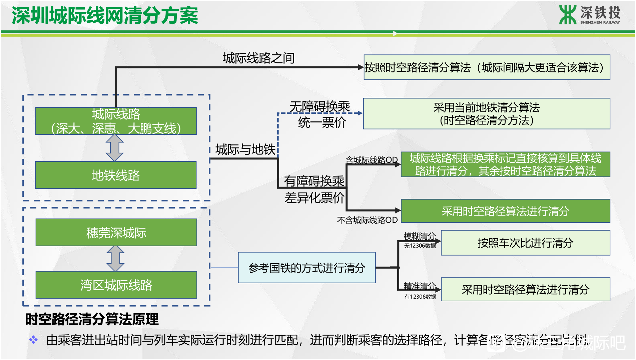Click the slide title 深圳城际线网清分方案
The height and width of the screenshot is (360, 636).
(105, 16)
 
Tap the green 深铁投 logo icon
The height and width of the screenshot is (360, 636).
(567, 15)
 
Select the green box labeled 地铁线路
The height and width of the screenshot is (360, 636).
(116, 175)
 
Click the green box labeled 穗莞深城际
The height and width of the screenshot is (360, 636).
(116, 233)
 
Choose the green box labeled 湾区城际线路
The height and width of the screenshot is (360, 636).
(116, 285)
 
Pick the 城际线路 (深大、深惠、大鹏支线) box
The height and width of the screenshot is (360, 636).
(116, 121)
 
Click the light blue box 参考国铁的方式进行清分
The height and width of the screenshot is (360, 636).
(306, 268)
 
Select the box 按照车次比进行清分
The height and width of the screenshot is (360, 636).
(525, 243)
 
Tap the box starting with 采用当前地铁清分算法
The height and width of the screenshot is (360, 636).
(486, 114)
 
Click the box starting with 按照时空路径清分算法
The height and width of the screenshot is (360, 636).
(487, 67)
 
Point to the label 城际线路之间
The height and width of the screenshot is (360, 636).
(258, 58)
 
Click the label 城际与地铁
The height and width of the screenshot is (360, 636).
(245, 149)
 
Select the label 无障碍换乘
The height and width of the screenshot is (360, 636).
(320, 107)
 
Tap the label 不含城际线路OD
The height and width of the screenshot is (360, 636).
(367, 220)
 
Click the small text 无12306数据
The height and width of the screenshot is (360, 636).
(420, 246)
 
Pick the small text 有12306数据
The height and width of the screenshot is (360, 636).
(420, 297)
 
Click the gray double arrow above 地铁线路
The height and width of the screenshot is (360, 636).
(115, 148)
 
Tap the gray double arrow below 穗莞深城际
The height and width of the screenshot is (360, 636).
(115, 259)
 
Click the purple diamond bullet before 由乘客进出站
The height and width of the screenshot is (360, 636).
(33, 340)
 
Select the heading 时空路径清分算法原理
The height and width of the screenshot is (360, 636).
(92, 319)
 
